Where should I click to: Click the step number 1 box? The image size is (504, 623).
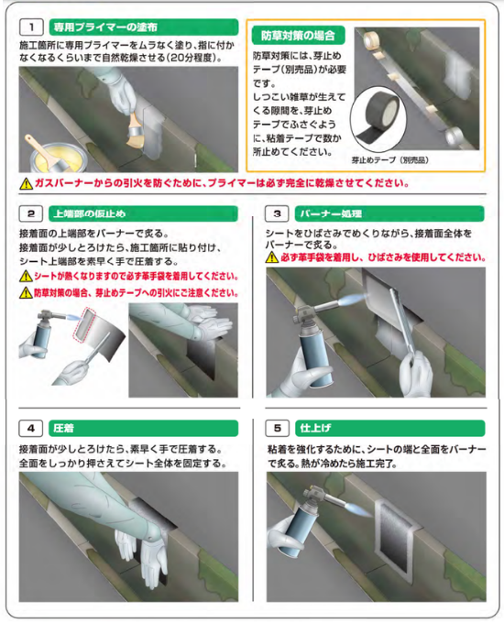tap(31, 27)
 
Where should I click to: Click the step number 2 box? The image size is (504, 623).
tap(31, 213)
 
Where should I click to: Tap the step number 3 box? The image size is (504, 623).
tap(277, 213)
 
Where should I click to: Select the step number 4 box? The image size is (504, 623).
tap(31, 429)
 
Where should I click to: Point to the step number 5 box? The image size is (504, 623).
tap(278, 429)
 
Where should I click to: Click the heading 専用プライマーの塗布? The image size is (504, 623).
tap(105, 27)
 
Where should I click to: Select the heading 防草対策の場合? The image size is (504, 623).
tap(298, 36)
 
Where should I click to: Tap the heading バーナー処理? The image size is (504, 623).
tap(331, 213)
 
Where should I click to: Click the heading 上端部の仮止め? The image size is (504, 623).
tap(90, 213)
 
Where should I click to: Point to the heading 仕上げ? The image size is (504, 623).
tap(315, 429)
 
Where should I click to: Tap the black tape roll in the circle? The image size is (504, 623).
tap(378, 118)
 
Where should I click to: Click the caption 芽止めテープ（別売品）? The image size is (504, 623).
tap(390, 160)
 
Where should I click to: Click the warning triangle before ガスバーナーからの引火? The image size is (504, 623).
tap(27, 183)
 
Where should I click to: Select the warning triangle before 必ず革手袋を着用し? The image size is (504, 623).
tap(272, 257)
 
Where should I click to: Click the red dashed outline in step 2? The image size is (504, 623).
tap(84, 325)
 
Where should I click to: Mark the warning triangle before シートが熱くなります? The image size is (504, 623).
tap(26, 276)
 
